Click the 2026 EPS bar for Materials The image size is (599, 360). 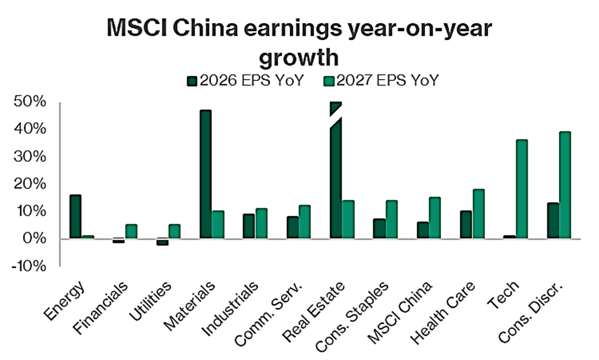(x=205, y=175)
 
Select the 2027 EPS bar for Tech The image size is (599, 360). (x=521, y=189)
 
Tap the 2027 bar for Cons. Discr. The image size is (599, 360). (x=565, y=185)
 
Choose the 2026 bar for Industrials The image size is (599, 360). (x=249, y=226)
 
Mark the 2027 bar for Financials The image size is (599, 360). (x=131, y=231)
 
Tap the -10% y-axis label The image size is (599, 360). (x=28, y=266)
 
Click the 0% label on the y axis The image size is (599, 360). (x=33, y=239)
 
